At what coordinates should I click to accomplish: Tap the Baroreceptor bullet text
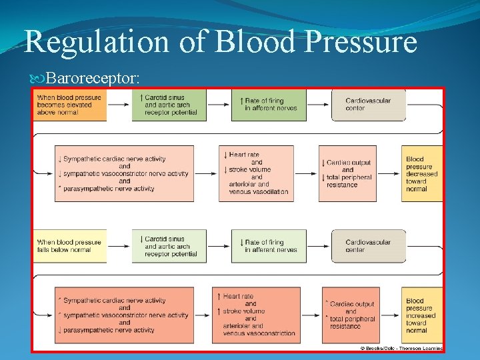(x=93, y=79)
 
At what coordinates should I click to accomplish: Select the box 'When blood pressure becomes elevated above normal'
(x=70, y=105)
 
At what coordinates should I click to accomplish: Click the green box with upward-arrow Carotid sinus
(x=169, y=105)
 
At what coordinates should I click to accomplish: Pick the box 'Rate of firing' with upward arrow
(x=269, y=105)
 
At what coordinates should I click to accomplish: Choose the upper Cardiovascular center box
(x=368, y=105)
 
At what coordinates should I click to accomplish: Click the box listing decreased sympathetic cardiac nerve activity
(x=124, y=173)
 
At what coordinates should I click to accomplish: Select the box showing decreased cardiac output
(x=347, y=173)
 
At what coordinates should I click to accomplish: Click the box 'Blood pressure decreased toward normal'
(x=422, y=173)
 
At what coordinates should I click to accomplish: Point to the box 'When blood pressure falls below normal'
(x=70, y=246)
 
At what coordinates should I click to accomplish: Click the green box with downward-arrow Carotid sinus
(x=169, y=246)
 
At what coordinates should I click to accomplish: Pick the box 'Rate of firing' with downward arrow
(x=269, y=246)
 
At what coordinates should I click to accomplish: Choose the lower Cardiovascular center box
(x=368, y=246)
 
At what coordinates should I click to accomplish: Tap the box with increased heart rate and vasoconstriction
(x=256, y=315)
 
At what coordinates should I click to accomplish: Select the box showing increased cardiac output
(x=347, y=315)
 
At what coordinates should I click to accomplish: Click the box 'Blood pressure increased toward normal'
(x=422, y=315)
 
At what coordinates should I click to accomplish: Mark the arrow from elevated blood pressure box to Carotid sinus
(x=119, y=105)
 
